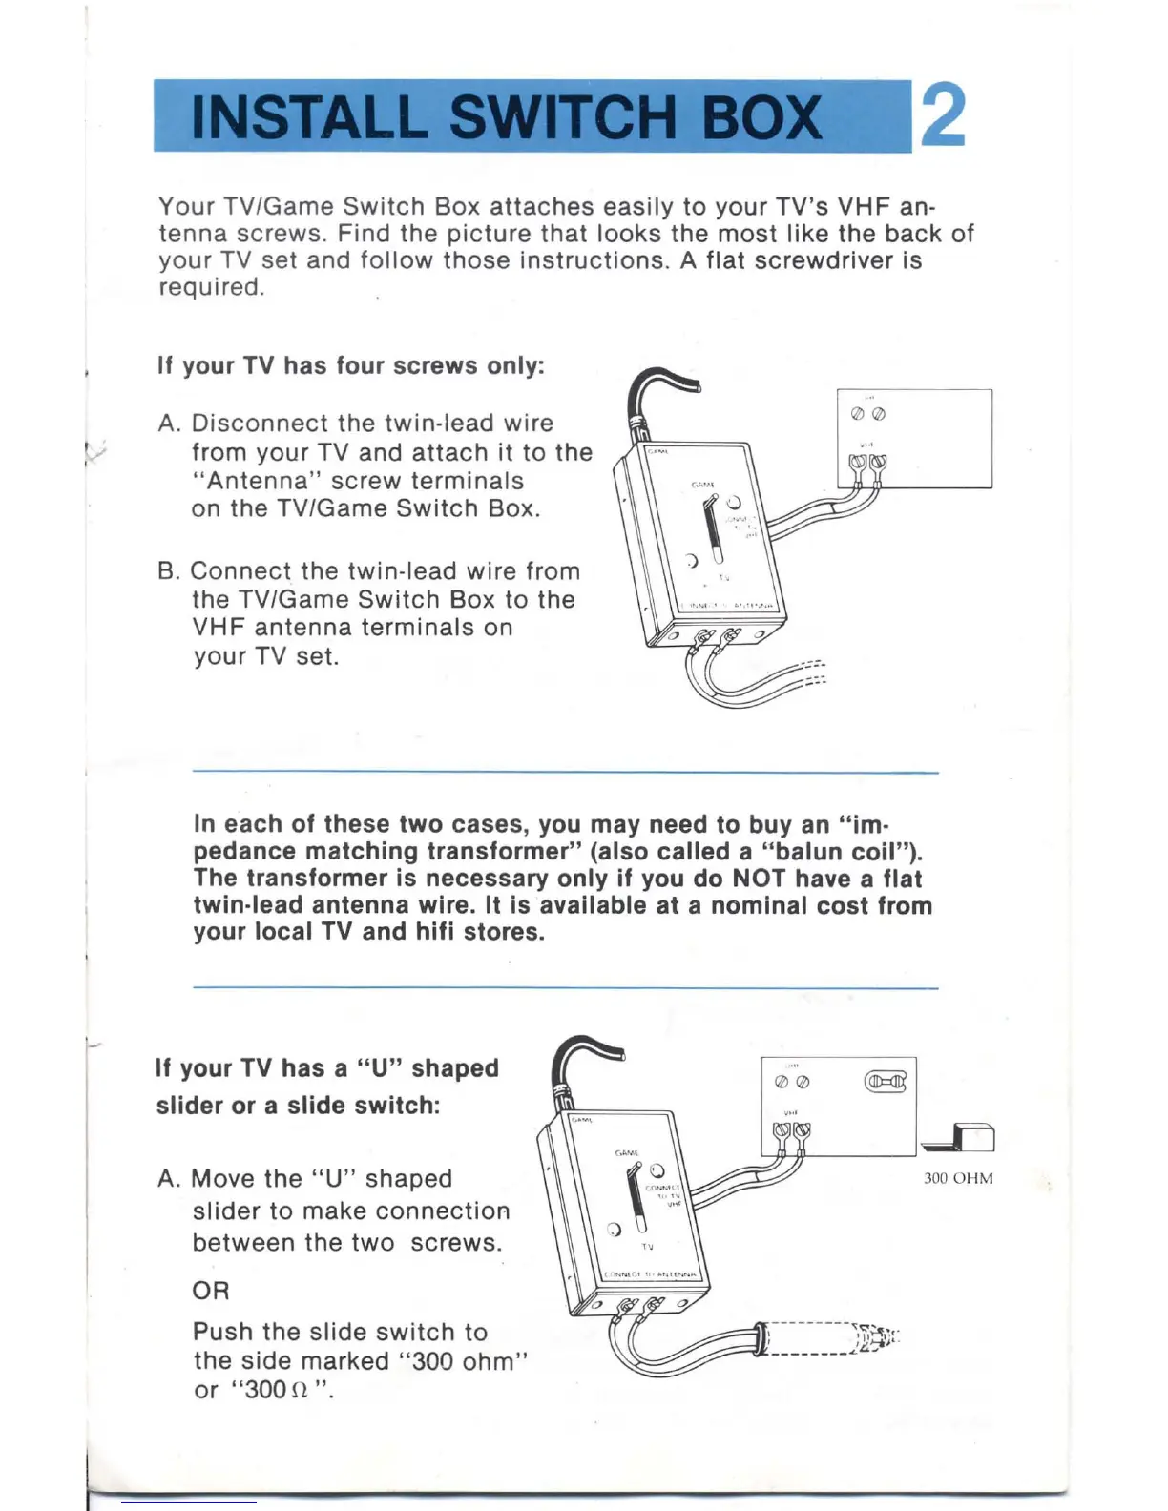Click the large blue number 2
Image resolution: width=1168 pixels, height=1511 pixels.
942,116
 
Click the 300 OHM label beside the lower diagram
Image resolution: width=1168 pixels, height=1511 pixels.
958,1178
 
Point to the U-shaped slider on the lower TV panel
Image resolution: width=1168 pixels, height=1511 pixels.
885,1082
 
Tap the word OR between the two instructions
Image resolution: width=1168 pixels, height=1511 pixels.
211,1291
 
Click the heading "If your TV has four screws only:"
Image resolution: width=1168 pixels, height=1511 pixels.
350,366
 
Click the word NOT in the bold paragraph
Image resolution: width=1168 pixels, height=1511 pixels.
760,879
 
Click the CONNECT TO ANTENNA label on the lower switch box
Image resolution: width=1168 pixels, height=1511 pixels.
653,1275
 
